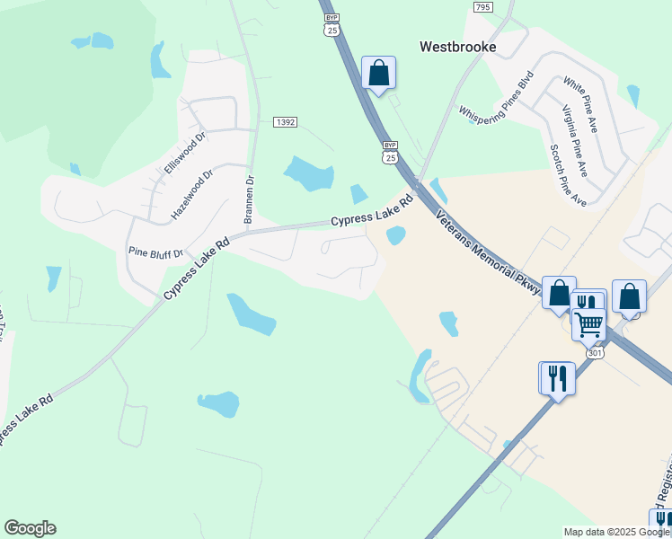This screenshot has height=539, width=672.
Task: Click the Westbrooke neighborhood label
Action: (x=458, y=46)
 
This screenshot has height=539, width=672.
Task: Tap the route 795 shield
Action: (x=482, y=6)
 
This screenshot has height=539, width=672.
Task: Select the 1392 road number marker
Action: (x=285, y=121)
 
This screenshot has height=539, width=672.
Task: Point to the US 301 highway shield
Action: (x=596, y=353)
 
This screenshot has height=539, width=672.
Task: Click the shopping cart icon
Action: (x=589, y=323)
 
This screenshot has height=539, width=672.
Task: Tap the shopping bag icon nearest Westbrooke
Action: (x=378, y=74)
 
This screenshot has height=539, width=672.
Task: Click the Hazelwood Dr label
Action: (x=191, y=196)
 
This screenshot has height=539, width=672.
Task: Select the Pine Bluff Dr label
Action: (x=155, y=252)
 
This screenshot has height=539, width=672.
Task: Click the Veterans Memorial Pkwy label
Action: (x=490, y=252)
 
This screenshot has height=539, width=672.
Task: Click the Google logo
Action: (x=30, y=528)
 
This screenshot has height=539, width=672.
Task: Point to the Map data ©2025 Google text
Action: (x=615, y=532)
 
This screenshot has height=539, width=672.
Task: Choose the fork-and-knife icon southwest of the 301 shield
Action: (x=556, y=378)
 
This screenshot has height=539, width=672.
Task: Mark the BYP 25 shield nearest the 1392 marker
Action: (x=389, y=152)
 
